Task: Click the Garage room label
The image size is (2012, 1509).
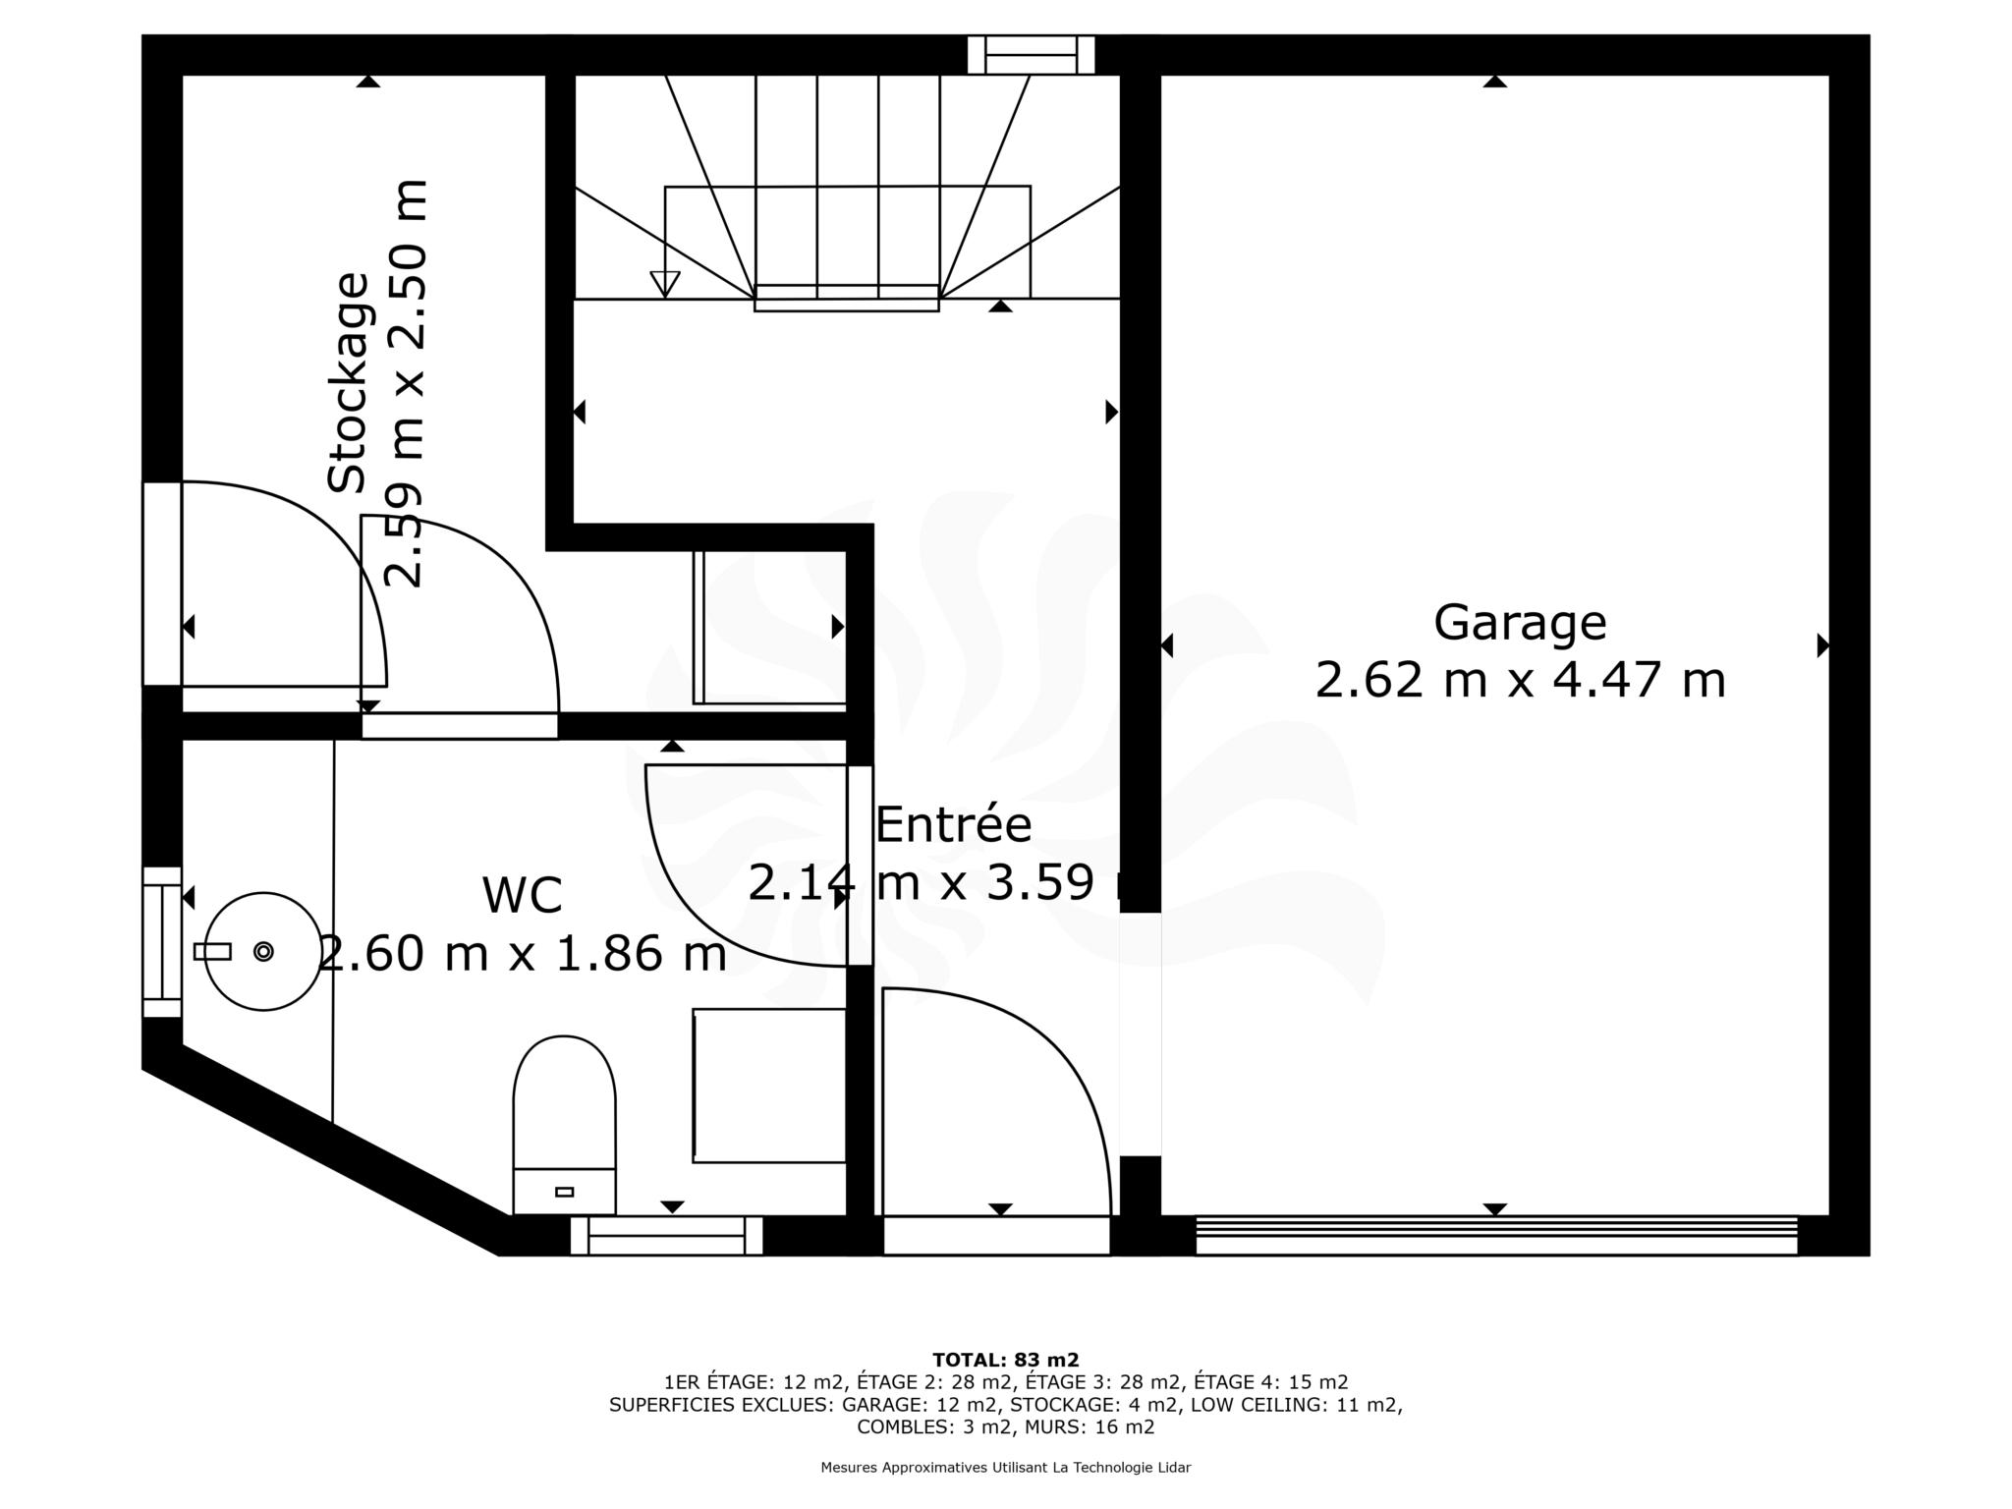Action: [1519, 623]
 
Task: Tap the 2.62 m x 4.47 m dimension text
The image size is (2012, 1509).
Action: [1520, 680]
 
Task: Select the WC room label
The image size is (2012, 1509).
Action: [522, 895]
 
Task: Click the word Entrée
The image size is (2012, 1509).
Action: [953, 824]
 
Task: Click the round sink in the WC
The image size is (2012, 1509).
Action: [263, 951]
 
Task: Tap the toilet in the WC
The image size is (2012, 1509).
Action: [564, 1125]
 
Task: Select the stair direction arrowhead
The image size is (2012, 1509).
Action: [665, 284]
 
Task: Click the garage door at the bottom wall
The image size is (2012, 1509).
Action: [1496, 1235]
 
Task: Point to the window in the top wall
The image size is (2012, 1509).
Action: [1031, 55]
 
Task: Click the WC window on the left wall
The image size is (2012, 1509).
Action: [162, 942]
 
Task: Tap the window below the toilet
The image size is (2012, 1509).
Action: [666, 1236]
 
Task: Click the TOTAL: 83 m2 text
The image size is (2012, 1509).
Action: [1005, 1360]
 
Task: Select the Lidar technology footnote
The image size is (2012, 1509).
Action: [1005, 1468]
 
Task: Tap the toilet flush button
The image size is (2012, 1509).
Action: [564, 1192]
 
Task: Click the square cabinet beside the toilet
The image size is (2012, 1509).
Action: [769, 1086]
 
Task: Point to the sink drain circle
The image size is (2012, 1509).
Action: [263, 951]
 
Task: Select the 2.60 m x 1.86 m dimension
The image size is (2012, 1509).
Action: [523, 953]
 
